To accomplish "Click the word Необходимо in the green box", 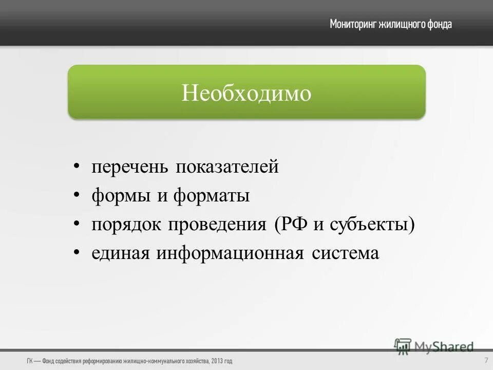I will tap(246, 93).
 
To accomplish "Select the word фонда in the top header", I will tap(439, 24).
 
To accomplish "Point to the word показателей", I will tap(227, 168).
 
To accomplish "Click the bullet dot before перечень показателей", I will tap(77, 166).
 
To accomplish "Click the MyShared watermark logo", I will tap(434, 347).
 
